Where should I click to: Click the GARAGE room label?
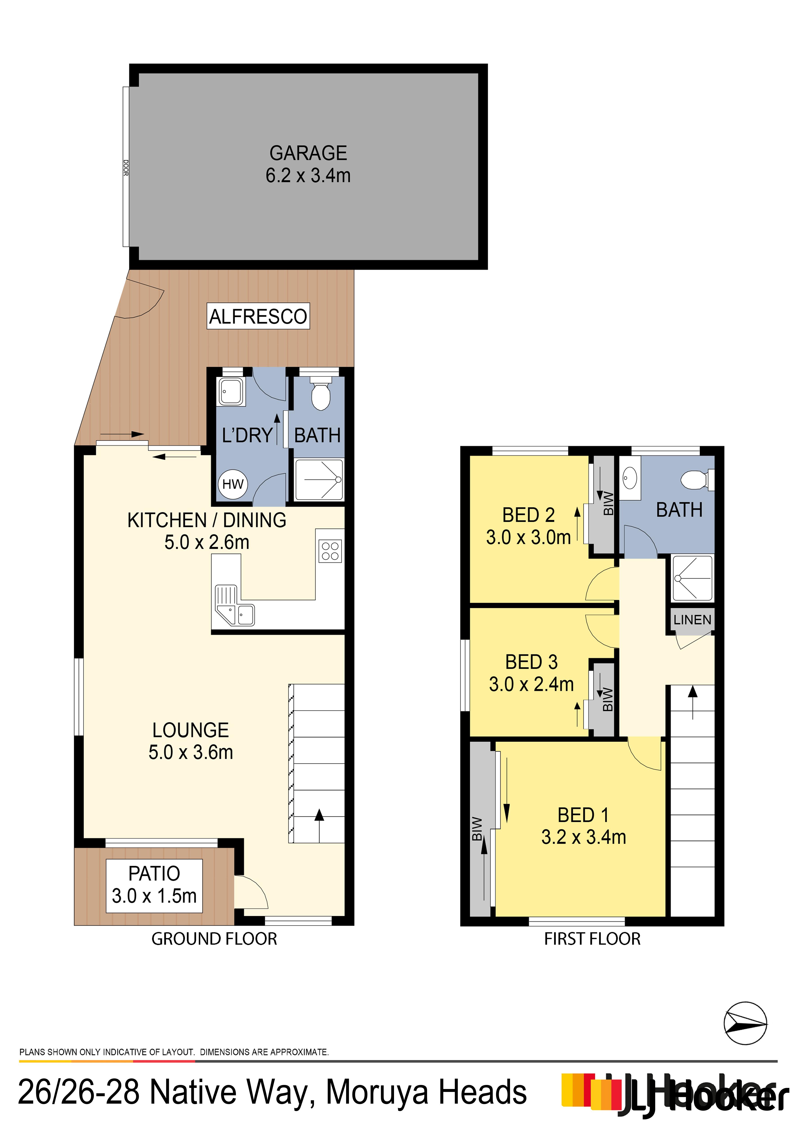click(308, 153)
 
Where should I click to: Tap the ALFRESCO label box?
click(258, 316)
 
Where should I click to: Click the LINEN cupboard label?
click(692, 620)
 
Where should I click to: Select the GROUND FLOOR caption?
click(214, 939)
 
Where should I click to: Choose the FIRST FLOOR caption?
click(592, 939)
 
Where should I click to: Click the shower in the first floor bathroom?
click(692, 578)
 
